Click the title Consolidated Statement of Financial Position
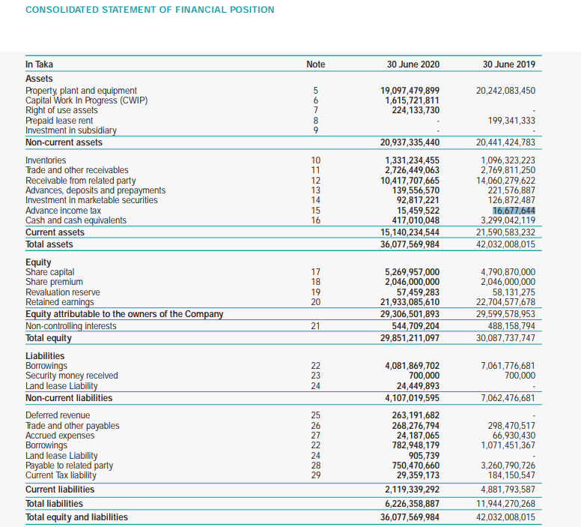click(150, 10)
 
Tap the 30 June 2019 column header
click(509, 64)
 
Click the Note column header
click(316, 64)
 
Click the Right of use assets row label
click(61, 110)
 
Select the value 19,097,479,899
click(410, 91)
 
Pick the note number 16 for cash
click(316, 220)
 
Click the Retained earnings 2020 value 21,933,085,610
click(410, 301)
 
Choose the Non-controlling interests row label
click(71, 326)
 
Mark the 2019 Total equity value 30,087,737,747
click(506, 338)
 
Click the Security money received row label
click(72, 376)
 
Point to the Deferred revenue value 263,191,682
click(416, 415)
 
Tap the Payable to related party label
click(70, 465)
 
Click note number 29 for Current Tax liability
click(316, 475)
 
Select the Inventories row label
click(46, 160)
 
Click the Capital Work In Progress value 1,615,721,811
click(413, 100)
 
